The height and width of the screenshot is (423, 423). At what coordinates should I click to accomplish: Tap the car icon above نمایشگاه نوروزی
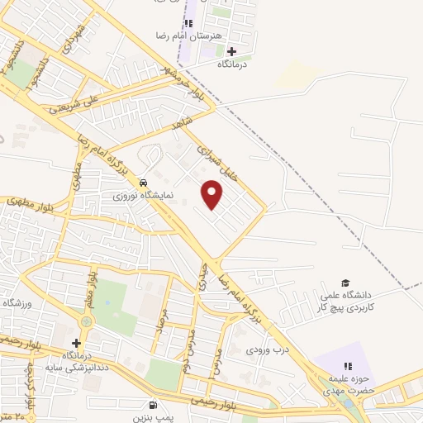[x=144, y=183]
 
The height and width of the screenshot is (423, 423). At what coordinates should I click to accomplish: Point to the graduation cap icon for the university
[x=345, y=283]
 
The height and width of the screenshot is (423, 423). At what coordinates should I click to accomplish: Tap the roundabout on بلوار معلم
[x=88, y=321]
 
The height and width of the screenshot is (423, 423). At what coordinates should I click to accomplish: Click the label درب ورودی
[x=264, y=349]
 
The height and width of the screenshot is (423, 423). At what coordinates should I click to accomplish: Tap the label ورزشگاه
[x=17, y=303]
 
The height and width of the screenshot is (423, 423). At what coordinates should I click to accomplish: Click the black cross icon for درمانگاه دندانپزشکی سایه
[x=77, y=343]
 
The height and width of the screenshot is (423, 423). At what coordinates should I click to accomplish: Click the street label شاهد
[x=181, y=122]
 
